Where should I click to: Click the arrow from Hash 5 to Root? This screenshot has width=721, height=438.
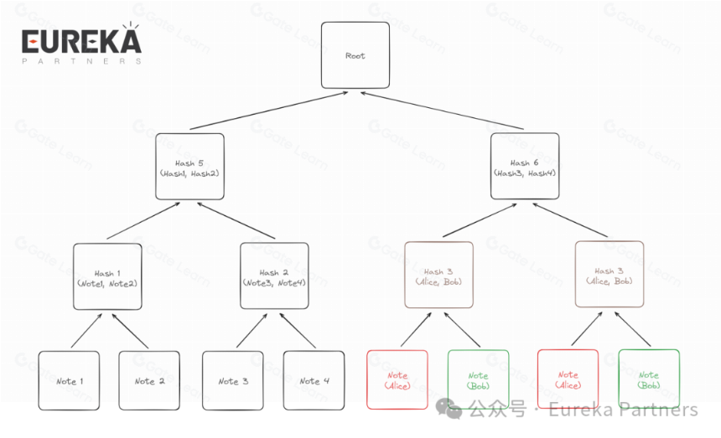click(268, 111)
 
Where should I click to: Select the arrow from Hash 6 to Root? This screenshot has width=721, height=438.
click(442, 111)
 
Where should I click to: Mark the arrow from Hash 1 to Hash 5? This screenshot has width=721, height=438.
click(143, 221)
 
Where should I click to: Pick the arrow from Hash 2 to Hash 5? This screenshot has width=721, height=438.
click(236, 221)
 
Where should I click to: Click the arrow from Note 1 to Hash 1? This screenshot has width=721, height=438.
click(86, 331)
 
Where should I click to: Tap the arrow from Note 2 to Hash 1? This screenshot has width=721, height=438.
click(130, 331)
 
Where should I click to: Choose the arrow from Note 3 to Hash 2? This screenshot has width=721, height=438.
click(252, 331)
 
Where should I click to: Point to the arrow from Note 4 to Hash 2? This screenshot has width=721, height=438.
click(298, 331)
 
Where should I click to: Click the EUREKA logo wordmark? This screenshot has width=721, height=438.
click(81, 41)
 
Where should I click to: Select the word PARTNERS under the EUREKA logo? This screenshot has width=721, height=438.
click(81, 61)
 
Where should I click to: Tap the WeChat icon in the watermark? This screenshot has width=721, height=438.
click(449, 409)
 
